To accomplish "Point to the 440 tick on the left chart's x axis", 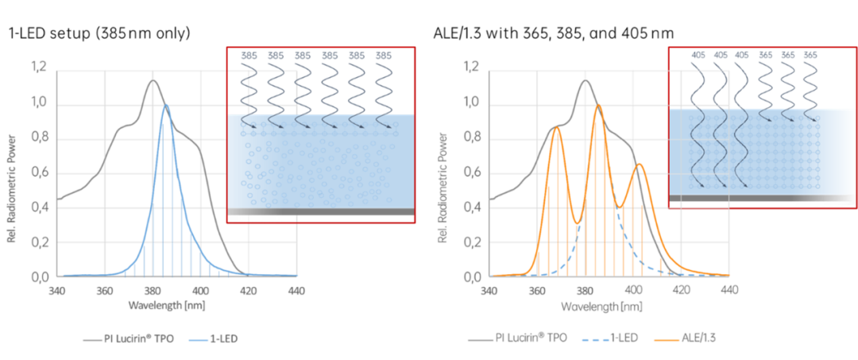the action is pos(296,292).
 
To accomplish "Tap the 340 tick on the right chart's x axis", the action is pos(489,292).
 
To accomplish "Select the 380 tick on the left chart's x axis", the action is pos(153,292).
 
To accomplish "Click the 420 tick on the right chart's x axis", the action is pos(682,292).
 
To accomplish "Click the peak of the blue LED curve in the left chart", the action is pos(165,105).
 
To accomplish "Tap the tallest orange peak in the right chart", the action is pos(598,105).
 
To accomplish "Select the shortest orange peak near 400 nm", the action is pos(639,164).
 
